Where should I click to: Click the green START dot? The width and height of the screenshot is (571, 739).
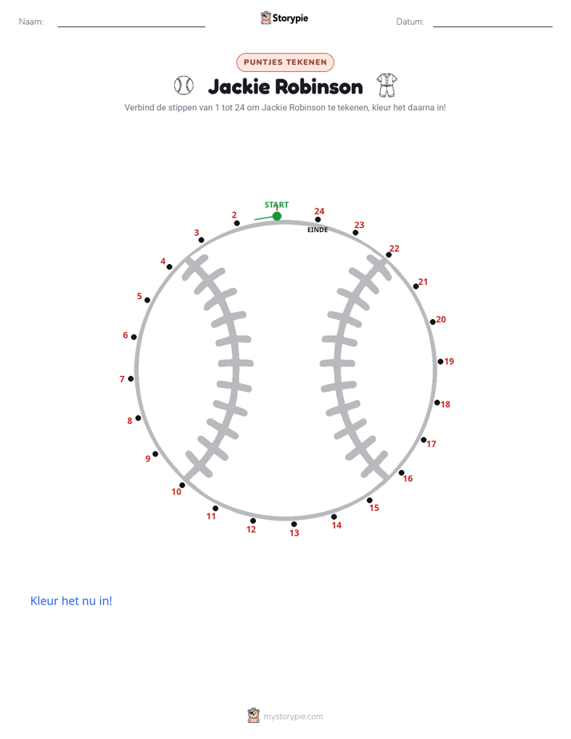(x=277, y=216)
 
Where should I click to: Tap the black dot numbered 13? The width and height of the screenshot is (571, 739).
(x=294, y=524)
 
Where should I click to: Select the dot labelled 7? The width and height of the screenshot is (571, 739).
(x=131, y=378)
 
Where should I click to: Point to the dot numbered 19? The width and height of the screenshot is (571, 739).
(x=441, y=362)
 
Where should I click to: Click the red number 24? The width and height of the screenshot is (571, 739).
(x=319, y=211)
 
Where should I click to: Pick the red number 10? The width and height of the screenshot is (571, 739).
(x=176, y=492)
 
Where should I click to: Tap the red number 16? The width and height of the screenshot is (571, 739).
(x=408, y=478)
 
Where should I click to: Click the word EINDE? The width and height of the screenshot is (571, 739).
(x=317, y=230)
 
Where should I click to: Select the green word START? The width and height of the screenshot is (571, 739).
(x=277, y=205)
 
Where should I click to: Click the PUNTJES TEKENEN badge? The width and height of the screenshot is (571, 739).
(x=285, y=62)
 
